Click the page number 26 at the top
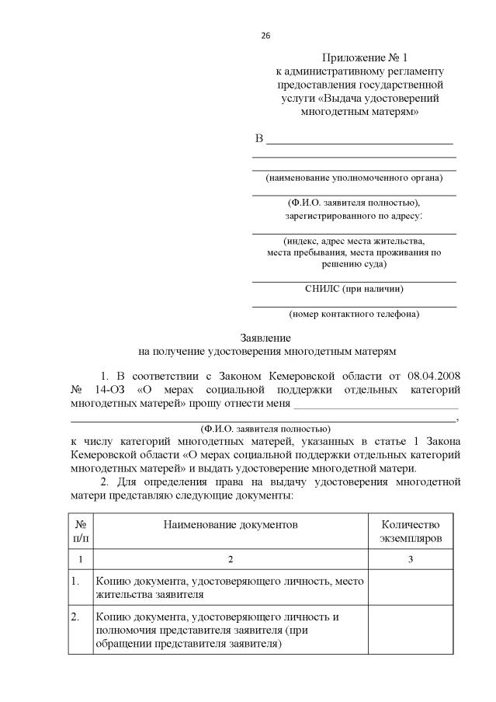click(x=265, y=35)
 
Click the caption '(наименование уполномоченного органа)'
click(x=354, y=178)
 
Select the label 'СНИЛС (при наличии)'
click(x=354, y=289)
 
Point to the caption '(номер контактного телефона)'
click(x=354, y=315)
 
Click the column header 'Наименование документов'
click(x=230, y=525)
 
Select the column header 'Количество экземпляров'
click(x=410, y=531)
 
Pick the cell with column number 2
click(x=230, y=559)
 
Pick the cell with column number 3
click(x=410, y=559)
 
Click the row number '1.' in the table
click(x=76, y=581)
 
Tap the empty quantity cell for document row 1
click(x=410, y=588)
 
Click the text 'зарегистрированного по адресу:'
click(x=354, y=215)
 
